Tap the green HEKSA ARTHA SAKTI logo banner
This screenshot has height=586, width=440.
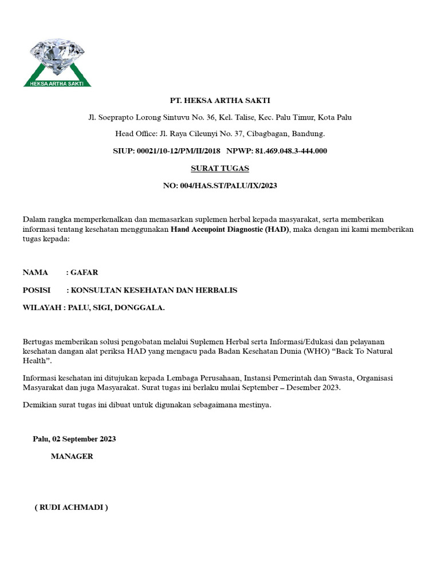[57, 83]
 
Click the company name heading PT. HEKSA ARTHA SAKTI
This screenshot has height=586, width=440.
[219, 101]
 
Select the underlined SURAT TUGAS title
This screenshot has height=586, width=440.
[219, 168]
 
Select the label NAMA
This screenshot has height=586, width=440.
[36, 272]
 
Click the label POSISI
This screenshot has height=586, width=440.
[37, 290]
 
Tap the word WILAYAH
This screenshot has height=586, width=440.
[42, 308]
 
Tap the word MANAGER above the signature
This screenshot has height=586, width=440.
[72, 457]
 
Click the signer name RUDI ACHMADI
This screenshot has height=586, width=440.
[72, 508]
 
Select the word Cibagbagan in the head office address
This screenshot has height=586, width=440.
[269, 134]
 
